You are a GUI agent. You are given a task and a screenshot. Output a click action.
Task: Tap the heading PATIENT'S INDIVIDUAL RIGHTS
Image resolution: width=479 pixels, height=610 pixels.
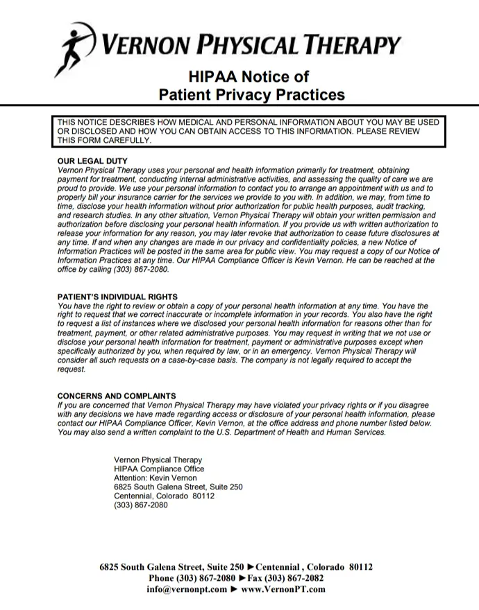tap(117, 297)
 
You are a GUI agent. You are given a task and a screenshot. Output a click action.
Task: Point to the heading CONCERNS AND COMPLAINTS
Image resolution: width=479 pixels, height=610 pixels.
tap(117, 396)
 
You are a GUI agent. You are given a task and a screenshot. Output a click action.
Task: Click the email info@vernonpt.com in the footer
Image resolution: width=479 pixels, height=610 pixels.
tap(187, 589)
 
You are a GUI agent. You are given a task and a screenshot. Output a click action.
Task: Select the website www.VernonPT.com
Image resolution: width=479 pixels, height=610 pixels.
tap(283, 589)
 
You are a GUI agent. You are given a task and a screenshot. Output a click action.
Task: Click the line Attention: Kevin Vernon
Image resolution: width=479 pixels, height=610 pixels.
tap(156, 478)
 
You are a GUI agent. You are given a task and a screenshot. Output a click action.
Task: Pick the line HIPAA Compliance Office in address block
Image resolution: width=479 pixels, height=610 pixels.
tap(159, 469)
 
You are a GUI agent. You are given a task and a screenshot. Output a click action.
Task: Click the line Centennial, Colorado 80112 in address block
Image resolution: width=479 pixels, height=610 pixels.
tap(164, 496)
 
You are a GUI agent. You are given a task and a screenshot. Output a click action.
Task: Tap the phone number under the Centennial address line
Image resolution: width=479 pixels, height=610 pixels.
tap(140, 505)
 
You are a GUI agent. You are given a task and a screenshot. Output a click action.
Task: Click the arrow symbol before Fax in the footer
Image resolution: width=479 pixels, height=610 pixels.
tap(242, 577)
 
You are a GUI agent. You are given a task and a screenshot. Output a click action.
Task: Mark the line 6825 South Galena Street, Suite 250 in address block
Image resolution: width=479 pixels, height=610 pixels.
tap(178, 487)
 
